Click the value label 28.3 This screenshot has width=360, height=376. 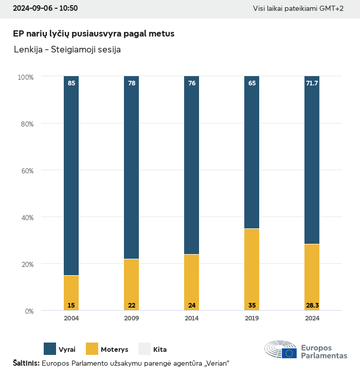(x=312, y=306)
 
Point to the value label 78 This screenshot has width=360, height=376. (x=132, y=83)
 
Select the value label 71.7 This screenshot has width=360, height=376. (x=312, y=83)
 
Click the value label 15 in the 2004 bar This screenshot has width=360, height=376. (x=71, y=306)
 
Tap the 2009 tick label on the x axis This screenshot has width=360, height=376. (x=131, y=318)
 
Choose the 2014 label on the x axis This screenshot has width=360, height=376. (x=191, y=318)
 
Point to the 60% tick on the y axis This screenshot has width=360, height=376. (x=26, y=171)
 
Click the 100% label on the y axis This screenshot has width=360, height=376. (x=26, y=77)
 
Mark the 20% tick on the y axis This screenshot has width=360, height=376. (x=26, y=264)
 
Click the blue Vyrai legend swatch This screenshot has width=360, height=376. (x=50, y=349)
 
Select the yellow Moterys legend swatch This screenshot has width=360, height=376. (x=92, y=349)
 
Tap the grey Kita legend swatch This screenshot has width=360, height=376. (x=144, y=349)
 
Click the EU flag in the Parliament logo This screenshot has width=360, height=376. (x=289, y=353)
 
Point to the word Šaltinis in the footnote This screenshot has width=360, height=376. (x=26, y=364)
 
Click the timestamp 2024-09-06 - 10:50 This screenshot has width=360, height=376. (x=45, y=9)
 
